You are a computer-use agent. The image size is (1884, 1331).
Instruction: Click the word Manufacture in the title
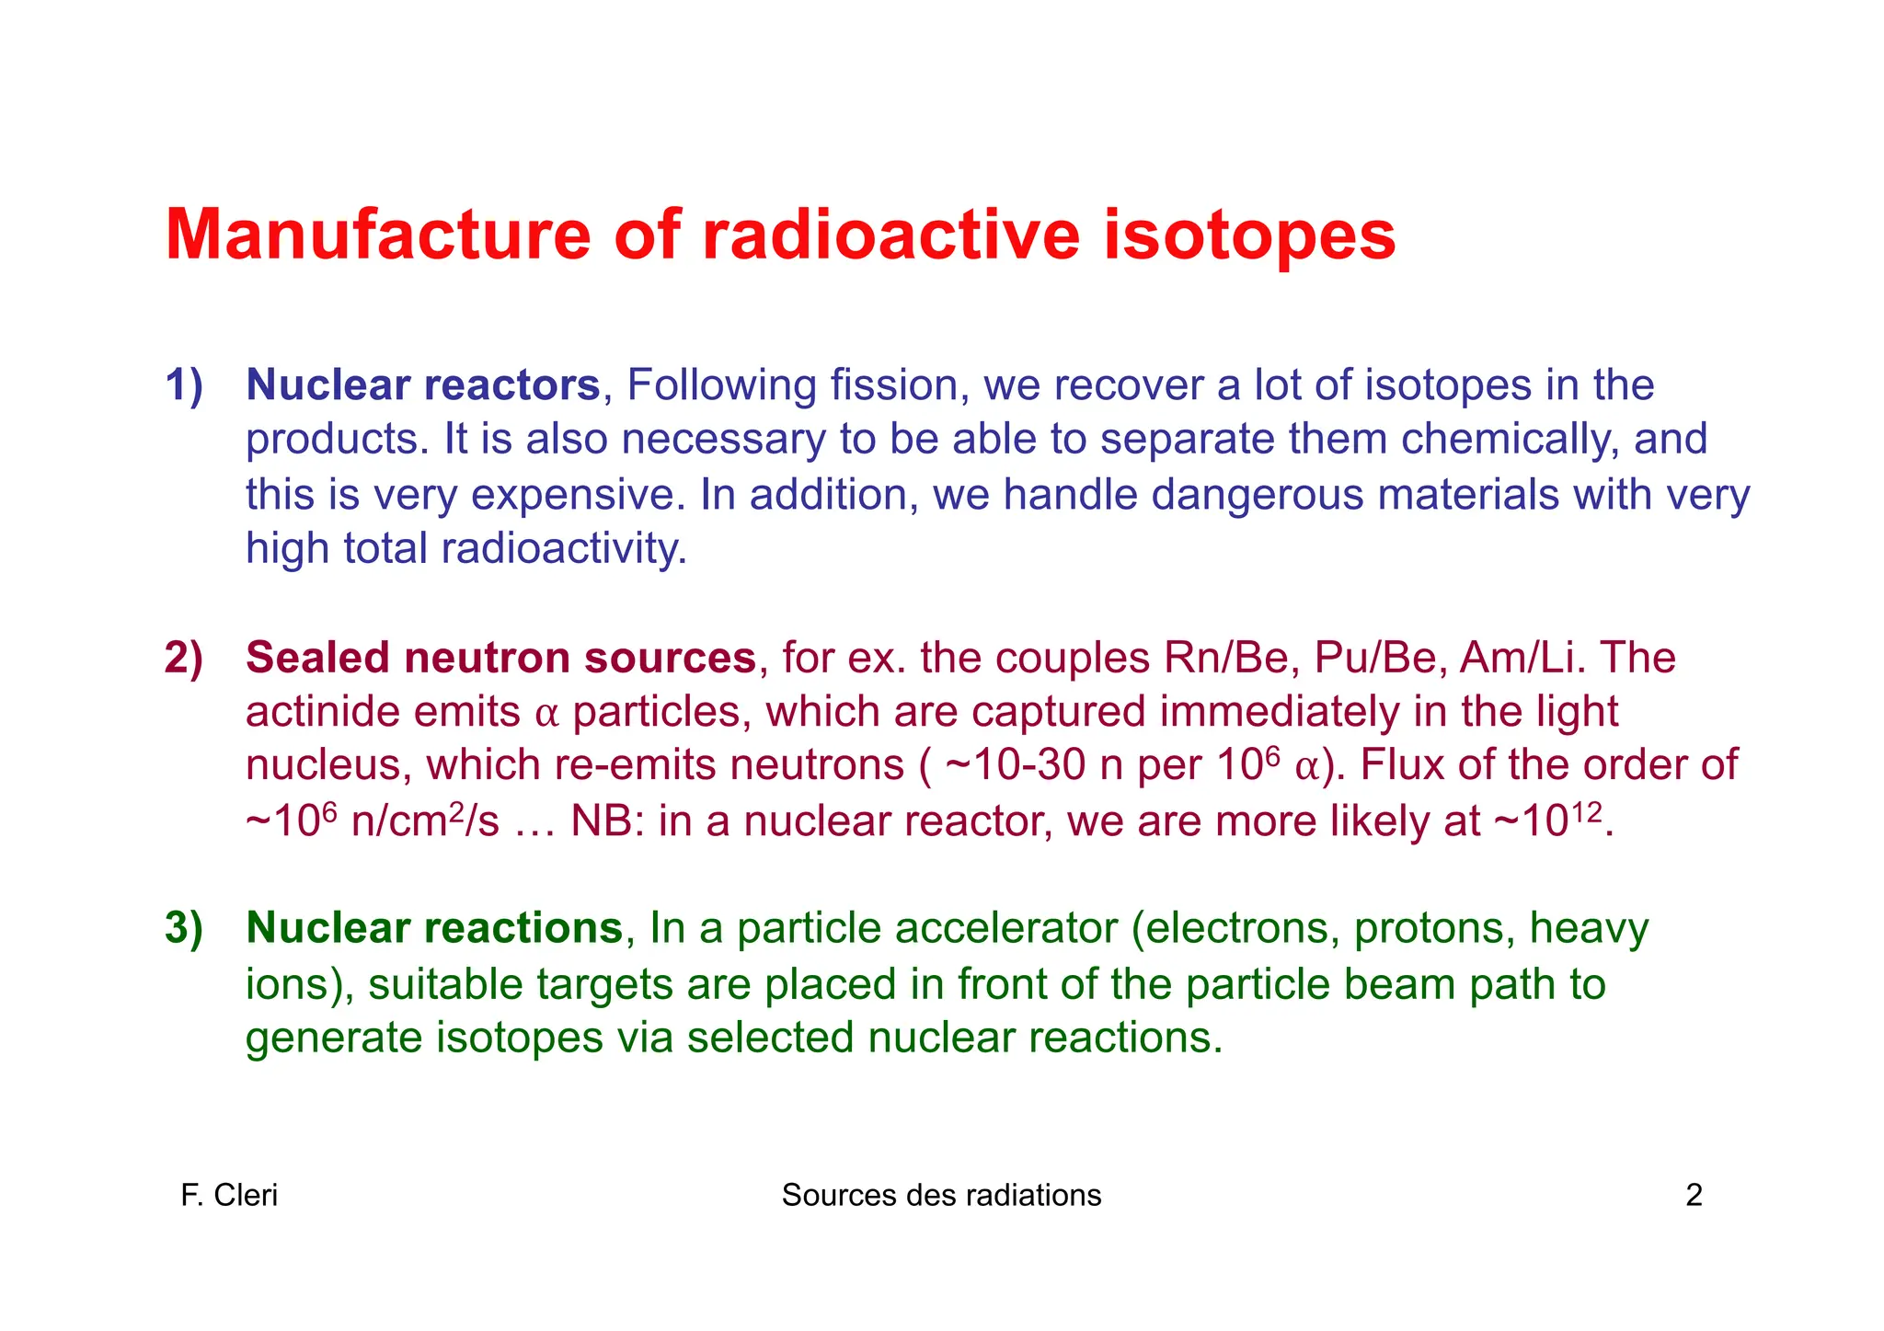point(378,235)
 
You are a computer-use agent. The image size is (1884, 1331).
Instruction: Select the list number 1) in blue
point(184,385)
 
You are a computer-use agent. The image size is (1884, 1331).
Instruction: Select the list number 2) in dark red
point(184,658)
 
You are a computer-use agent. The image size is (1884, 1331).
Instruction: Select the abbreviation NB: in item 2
point(607,820)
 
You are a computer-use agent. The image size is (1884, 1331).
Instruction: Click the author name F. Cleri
point(229,1195)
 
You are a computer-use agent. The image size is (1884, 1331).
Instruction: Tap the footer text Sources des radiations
point(941,1195)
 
